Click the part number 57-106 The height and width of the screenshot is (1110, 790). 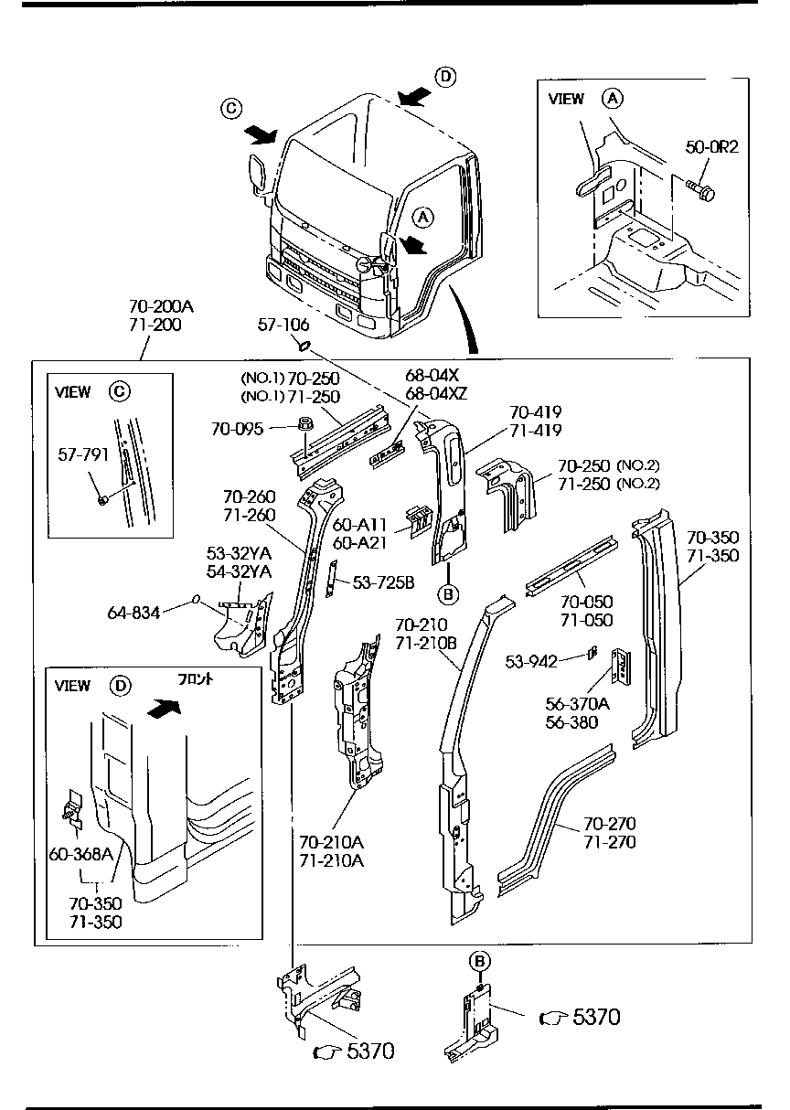(x=283, y=326)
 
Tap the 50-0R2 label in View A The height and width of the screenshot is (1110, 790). (x=712, y=146)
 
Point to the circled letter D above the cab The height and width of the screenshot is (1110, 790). (x=444, y=77)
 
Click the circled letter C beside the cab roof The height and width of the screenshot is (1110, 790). (x=231, y=110)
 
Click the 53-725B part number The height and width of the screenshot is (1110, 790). (x=383, y=582)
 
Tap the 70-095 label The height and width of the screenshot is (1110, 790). (x=238, y=427)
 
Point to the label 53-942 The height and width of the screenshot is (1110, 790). (x=531, y=661)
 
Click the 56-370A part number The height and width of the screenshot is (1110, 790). (x=578, y=703)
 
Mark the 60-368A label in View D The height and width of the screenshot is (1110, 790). (x=80, y=855)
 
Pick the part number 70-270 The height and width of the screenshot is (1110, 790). (x=609, y=824)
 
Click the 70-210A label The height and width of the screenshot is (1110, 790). (x=330, y=840)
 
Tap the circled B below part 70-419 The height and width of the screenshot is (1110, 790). (x=448, y=594)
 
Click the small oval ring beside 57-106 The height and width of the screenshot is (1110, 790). (x=304, y=347)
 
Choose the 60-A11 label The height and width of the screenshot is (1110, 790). (x=359, y=525)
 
